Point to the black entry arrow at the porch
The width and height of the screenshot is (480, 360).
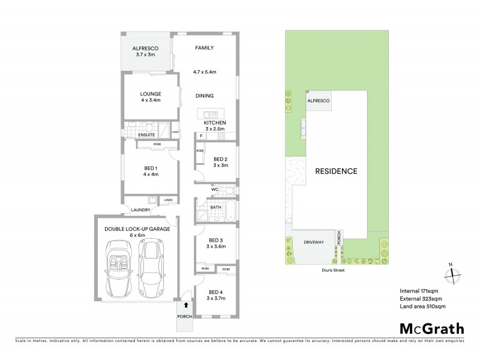(x=185, y=305)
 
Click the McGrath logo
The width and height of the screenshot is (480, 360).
(x=431, y=328)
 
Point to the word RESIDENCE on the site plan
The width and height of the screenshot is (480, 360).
(x=337, y=171)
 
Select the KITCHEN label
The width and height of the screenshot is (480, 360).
(x=214, y=123)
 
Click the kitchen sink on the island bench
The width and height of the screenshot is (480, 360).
(x=208, y=113)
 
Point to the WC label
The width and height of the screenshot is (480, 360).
(x=215, y=190)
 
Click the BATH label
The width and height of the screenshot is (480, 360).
(x=215, y=208)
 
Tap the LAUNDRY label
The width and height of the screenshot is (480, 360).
(x=137, y=210)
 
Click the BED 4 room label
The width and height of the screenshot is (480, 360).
(x=214, y=292)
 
